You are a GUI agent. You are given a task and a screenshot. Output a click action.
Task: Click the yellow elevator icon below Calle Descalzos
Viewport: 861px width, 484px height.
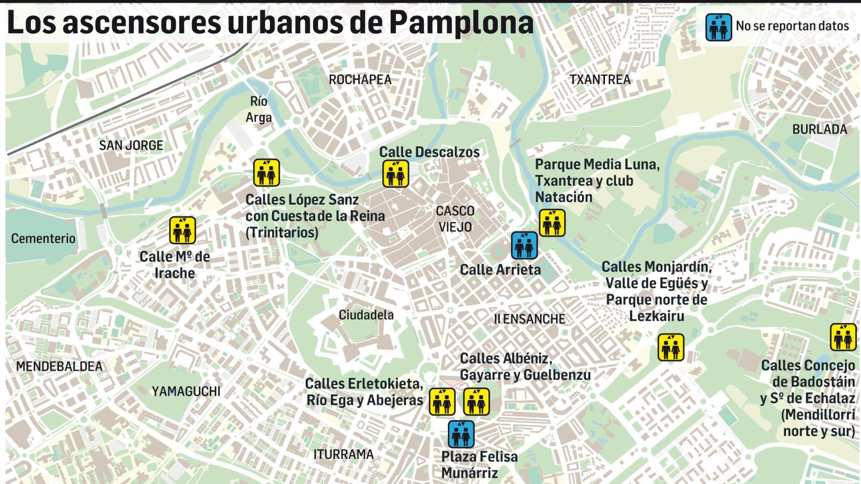396,173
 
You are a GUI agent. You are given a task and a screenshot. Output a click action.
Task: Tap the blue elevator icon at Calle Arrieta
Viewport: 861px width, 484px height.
524,245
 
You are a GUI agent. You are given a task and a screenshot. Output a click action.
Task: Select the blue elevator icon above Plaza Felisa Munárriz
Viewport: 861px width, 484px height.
461,434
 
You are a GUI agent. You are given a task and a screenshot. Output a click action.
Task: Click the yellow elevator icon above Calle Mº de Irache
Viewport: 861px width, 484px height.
183,230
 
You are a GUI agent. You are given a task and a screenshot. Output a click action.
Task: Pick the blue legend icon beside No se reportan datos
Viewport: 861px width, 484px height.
718,27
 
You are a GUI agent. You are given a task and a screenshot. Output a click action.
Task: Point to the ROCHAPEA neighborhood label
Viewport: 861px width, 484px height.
360,80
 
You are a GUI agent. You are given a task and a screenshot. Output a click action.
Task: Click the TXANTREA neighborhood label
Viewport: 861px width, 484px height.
600,80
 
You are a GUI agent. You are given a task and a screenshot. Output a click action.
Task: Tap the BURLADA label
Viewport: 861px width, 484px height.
819,130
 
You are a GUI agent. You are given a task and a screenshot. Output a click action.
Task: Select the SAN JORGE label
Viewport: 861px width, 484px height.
131,145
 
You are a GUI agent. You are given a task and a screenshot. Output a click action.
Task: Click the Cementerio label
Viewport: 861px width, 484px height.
43,238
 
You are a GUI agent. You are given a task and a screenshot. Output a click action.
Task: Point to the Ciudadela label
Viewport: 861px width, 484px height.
366,315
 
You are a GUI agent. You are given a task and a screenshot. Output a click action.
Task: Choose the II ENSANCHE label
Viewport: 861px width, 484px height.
529,319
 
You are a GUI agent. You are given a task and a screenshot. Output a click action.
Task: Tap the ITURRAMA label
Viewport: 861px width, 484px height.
343,454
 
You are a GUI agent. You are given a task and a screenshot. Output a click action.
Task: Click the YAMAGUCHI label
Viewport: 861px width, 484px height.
186,391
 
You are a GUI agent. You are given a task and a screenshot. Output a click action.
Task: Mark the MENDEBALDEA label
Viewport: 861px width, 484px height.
59,367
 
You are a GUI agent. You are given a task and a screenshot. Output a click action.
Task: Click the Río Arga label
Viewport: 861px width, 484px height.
259,109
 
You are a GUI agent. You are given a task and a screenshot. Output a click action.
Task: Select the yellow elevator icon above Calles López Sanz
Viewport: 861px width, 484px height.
266,173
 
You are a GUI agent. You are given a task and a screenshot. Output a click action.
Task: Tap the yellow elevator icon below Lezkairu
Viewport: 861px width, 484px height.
671,347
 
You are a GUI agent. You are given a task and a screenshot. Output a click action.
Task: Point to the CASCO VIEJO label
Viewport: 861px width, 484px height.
455,219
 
